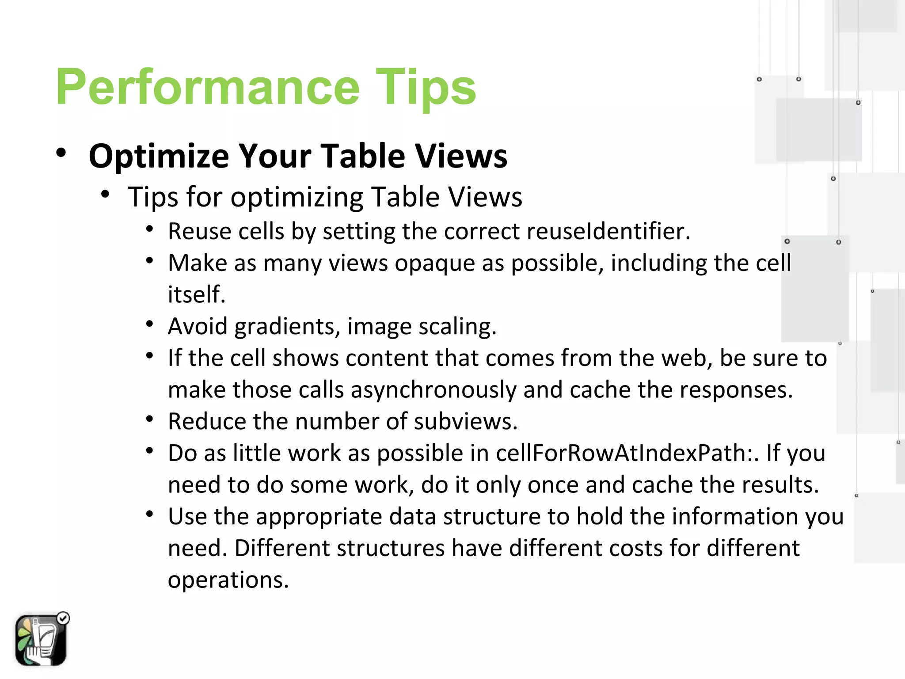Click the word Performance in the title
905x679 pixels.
[208, 87]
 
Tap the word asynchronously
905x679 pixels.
[433, 390]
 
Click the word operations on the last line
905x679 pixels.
[228, 580]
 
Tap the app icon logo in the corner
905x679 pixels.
[41, 640]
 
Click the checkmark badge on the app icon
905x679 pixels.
[64, 618]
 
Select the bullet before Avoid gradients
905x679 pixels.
[150, 324]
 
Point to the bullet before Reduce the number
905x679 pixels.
[150, 419]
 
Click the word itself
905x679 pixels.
[197, 295]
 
